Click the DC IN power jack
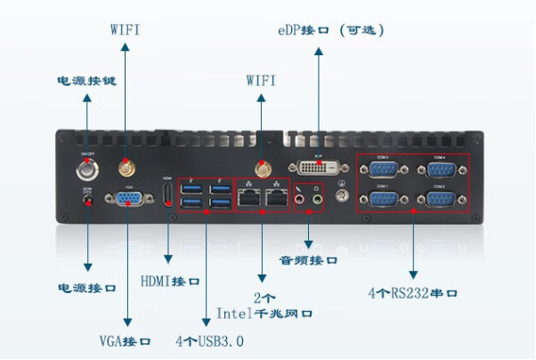pos(87,201)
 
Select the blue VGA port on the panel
pos(126,200)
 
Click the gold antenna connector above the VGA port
pos(124,166)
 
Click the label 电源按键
pos(85,80)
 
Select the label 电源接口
pos(87,289)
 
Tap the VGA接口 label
pos(125,341)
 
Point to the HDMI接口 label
pos(170,282)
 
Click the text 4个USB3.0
pos(209,341)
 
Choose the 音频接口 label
pos(308,261)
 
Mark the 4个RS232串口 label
pos(412,291)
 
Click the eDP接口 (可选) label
pos(330,29)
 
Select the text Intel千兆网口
pos(264,314)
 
